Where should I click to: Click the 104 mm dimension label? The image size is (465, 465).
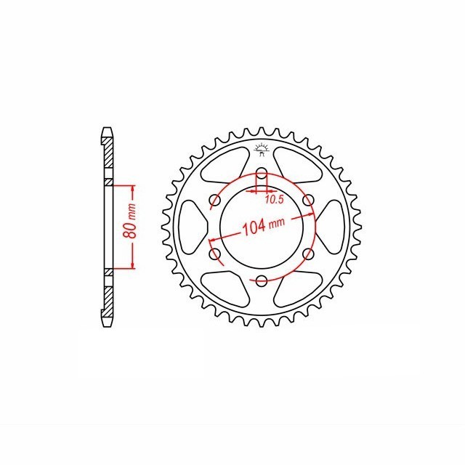click(264, 226)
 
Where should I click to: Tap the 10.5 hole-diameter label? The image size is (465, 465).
click(275, 200)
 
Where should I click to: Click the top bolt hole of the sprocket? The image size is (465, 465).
click(262, 173)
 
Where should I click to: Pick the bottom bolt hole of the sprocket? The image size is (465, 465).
click(262, 281)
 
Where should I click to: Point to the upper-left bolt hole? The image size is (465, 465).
click(215, 200)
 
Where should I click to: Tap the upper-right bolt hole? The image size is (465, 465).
click(308, 200)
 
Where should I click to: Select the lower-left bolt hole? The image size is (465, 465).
click(215, 254)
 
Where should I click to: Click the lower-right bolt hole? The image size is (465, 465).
click(308, 254)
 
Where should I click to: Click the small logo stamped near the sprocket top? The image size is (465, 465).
click(262, 150)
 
